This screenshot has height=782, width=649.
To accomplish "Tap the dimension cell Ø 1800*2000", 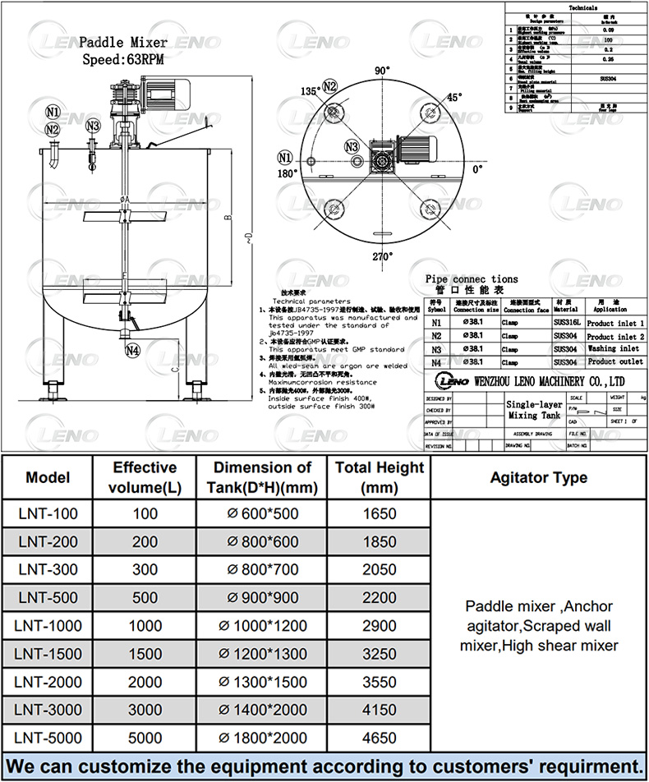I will [x=261, y=738].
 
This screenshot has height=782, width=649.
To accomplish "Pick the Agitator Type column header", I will [x=538, y=477].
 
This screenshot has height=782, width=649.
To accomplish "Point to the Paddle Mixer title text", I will [x=123, y=43].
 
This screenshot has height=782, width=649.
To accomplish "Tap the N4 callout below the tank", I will [x=132, y=351].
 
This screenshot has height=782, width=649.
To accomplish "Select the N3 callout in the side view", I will [x=93, y=126].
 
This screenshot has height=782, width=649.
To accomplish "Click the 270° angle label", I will [x=383, y=257].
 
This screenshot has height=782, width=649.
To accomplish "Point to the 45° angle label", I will [x=453, y=97].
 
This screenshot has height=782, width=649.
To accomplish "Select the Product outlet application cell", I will [x=613, y=361].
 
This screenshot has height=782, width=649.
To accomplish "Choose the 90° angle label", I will [x=382, y=71].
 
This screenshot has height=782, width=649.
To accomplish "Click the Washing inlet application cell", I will [x=613, y=349].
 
